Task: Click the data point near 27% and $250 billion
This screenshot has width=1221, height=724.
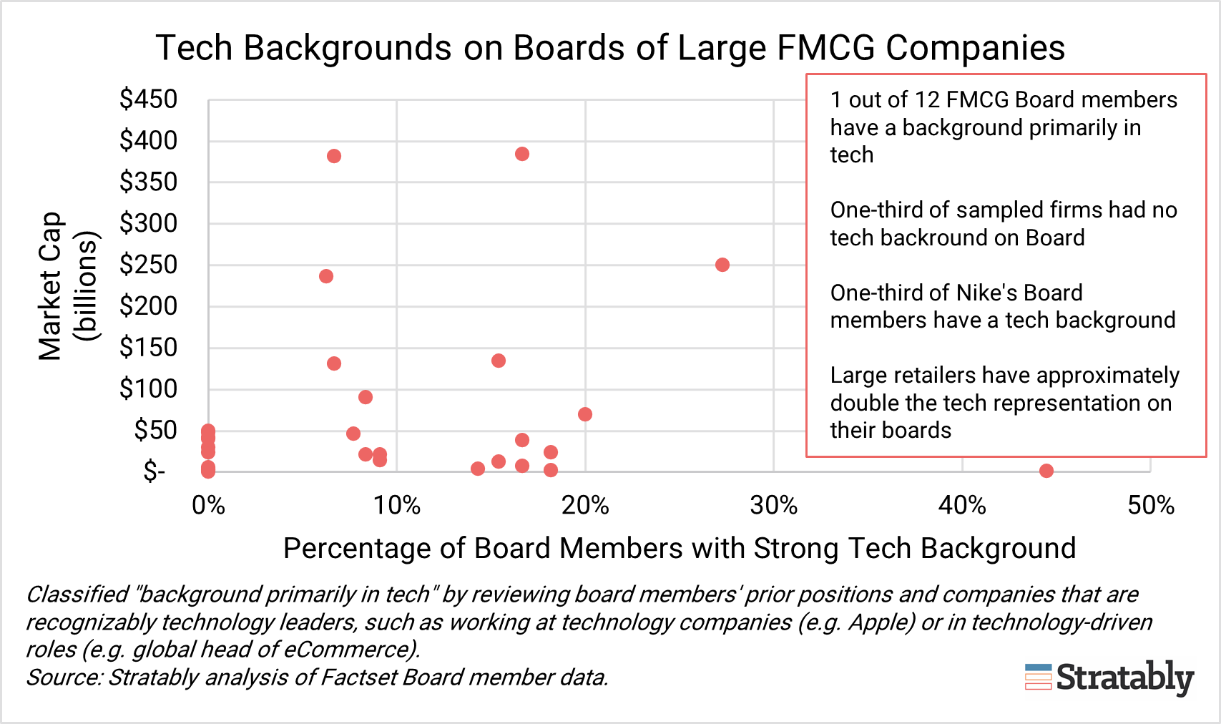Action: pyautogui.click(x=722, y=265)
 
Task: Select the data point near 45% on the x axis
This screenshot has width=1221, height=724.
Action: pyautogui.click(x=1046, y=471)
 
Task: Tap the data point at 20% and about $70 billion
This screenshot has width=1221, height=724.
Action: pyautogui.click(x=585, y=414)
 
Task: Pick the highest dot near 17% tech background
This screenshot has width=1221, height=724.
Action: pyautogui.click(x=522, y=154)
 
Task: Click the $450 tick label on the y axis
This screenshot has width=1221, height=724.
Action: pyautogui.click(x=149, y=99)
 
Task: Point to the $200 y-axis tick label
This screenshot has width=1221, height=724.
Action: pyautogui.click(x=149, y=305)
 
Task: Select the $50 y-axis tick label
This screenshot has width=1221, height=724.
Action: pyautogui.click(x=156, y=430)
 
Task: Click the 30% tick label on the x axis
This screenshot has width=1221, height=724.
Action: pyautogui.click(x=774, y=506)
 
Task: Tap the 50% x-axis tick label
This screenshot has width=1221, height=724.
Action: pyautogui.click(x=1150, y=506)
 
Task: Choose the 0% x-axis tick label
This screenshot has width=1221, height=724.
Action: pyautogui.click(x=208, y=506)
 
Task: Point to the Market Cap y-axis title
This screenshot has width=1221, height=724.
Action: pyautogui.click(x=50, y=286)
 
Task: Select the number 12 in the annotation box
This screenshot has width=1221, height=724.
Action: pyautogui.click(x=928, y=99)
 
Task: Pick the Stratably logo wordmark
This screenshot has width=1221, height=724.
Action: pyautogui.click(x=1124, y=677)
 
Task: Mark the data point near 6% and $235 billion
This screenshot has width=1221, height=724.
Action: pyautogui.click(x=326, y=276)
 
